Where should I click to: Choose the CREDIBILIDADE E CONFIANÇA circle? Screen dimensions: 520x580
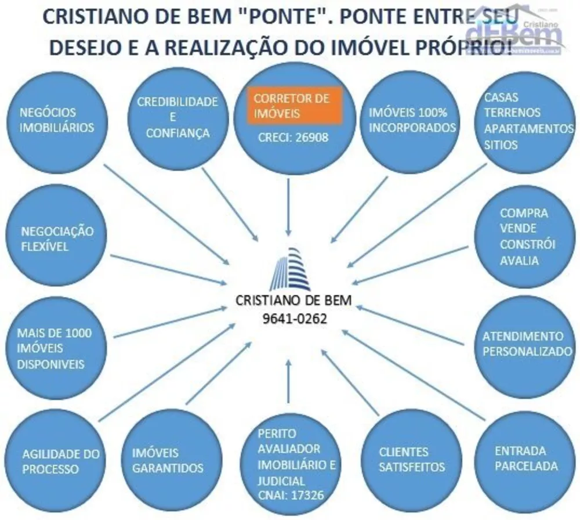point(177,117)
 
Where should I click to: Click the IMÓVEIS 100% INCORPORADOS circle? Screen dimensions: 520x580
point(412,119)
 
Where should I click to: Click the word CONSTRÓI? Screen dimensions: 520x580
point(527,244)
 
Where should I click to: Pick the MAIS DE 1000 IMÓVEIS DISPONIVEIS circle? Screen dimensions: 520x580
point(54,348)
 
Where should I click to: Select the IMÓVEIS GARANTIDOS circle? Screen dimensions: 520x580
point(168,460)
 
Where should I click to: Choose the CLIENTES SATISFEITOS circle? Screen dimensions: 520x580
point(412,460)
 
